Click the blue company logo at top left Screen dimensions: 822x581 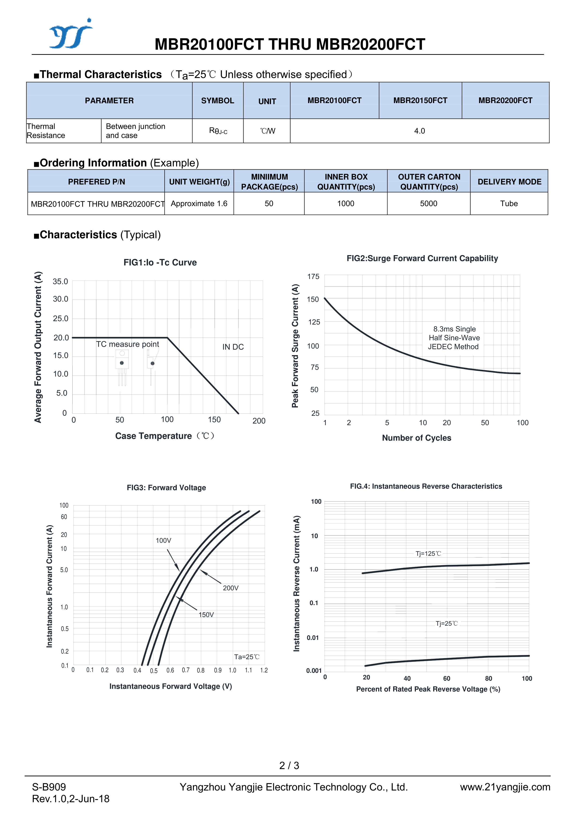[70, 34]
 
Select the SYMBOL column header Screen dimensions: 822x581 [217, 100]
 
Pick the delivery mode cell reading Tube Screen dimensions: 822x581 [509, 204]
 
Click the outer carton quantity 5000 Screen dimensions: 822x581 [429, 204]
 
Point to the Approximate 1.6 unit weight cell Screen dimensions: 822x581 [199, 204]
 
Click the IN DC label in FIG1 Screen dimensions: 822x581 [233, 347]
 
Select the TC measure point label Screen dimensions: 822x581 [127, 344]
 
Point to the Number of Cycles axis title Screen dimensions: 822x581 [416, 438]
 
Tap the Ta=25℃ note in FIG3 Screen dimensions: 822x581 [247, 657]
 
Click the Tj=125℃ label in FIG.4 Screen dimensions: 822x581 [428, 554]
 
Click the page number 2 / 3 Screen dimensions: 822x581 [289, 766]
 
